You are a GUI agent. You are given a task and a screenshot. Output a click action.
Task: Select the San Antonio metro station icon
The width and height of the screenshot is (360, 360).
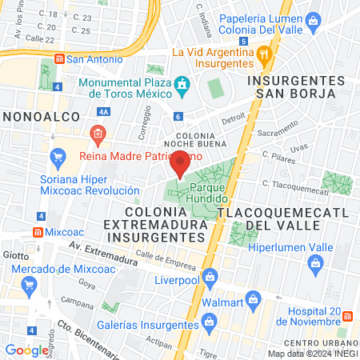[58, 58]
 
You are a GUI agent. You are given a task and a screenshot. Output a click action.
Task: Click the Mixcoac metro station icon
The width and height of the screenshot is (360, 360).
[38, 232]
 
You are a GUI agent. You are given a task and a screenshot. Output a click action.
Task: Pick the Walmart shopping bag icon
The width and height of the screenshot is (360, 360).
[254, 302]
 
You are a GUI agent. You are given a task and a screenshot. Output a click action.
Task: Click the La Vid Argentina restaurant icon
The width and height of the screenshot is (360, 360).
[265, 54]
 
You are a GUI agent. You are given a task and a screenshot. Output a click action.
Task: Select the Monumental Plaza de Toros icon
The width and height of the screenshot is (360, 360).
[182, 84]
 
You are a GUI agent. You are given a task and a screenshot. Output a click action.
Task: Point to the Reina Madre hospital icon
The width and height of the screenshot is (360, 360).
[98, 133]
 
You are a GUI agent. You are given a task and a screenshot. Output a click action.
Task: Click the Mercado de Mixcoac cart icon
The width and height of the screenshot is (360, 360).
[30, 284]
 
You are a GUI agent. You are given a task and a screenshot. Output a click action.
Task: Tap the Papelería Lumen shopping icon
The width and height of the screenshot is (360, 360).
[313, 18]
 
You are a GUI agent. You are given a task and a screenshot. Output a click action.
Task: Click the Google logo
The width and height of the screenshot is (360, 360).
[26, 350]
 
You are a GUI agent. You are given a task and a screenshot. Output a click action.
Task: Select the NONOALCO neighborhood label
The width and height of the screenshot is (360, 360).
[41, 117]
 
